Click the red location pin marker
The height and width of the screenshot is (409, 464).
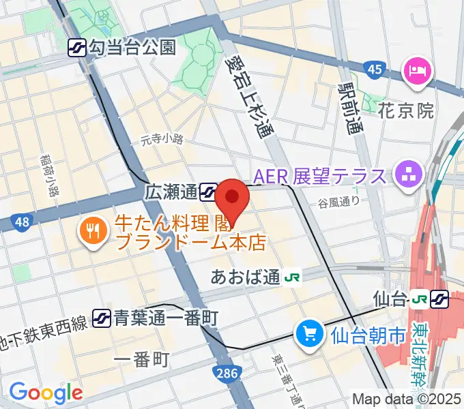[233, 200]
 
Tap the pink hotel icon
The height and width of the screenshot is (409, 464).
[417, 70]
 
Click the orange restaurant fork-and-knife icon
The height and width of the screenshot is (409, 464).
[91, 231]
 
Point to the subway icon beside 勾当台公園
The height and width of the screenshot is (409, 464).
[76, 47]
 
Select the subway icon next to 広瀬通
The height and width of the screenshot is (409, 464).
[209, 192]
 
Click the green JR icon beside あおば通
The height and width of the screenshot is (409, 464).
[293, 277]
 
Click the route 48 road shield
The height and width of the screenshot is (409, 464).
[22, 221]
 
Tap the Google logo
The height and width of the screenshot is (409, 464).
[46, 392]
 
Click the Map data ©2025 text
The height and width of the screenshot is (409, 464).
[407, 399]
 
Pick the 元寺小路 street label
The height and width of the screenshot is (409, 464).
[162, 140]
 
